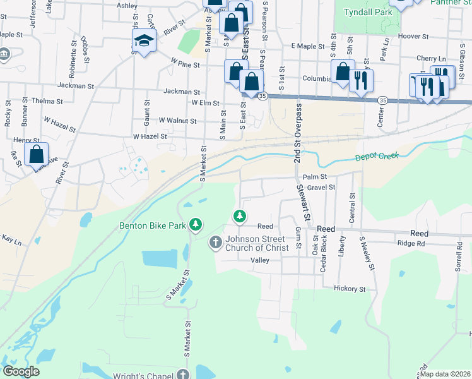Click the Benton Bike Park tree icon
coord(196,224)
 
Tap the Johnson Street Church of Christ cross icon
coord(216,241)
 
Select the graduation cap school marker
coord(144,43)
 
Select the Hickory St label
coord(350,289)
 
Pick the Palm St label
coord(314,177)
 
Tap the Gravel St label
coord(321,188)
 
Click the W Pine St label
coord(185,64)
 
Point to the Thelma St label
coord(47,101)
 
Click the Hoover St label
coord(414,37)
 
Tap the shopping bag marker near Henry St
coord(37,154)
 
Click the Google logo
coord(21,371)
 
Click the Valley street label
coord(259,260)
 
